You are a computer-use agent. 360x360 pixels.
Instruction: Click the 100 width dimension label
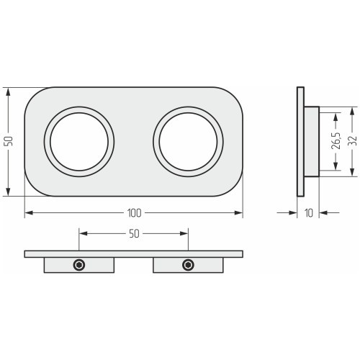[x=134, y=213]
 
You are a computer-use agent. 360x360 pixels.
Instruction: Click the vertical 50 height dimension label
[x=9, y=141]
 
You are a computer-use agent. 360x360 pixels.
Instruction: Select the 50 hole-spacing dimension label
[x=134, y=233]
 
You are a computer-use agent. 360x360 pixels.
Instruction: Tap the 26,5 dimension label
[x=336, y=140]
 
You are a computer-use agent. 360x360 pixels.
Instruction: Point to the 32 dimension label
[x=352, y=141]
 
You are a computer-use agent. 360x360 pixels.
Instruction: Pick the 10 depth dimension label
[x=309, y=213]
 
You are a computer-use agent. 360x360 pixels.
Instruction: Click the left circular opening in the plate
[x=79, y=142]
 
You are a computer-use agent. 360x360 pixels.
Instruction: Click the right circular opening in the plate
[x=189, y=142]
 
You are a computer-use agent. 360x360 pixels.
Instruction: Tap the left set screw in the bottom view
[x=79, y=265]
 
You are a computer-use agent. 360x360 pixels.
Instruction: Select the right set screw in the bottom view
[x=188, y=265]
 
